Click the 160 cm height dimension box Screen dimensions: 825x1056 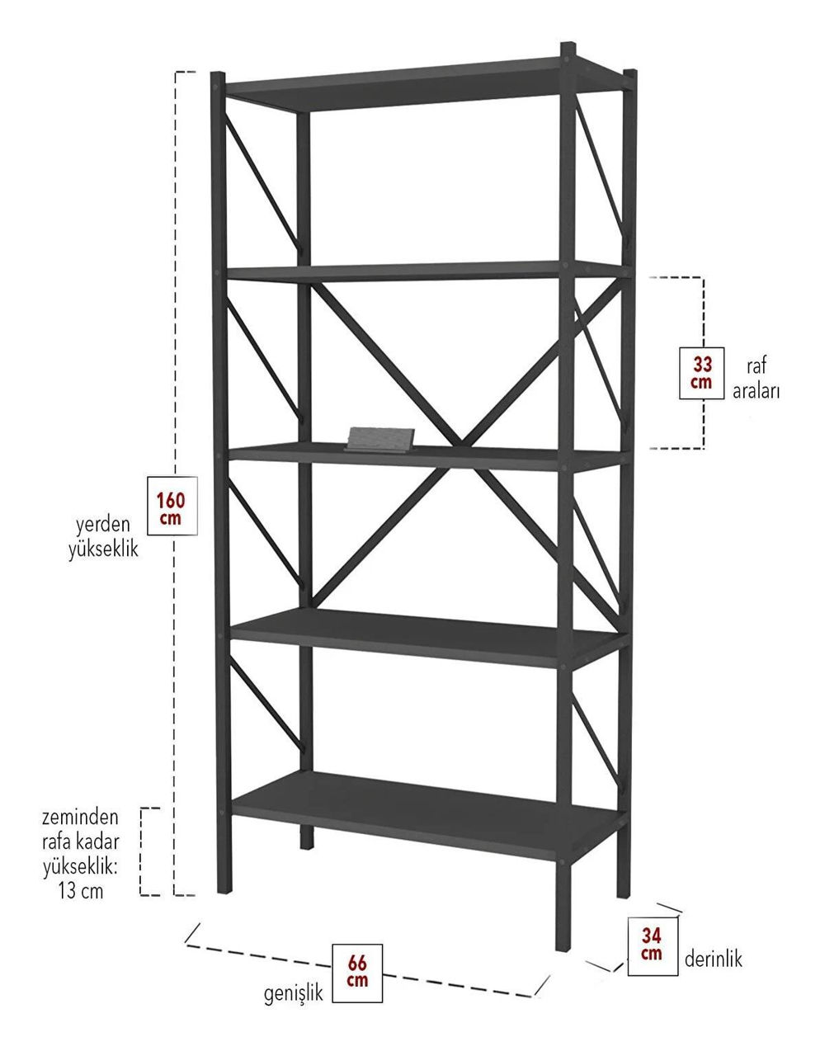(x=172, y=506)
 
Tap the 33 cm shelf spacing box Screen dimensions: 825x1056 (x=701, y=373)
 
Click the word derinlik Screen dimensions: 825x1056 (x=714, y=958)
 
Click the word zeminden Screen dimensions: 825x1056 (x=80, y=817)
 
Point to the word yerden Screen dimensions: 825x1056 (x=103, y=525)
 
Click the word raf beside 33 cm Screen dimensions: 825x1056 (x=756, y=365)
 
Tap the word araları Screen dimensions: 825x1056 (x=756, y=391)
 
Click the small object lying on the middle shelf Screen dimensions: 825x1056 (x=381, y=439)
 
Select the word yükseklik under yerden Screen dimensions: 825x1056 (x=103, y=549)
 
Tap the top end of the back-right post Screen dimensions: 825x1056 (x=630, y=72)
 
